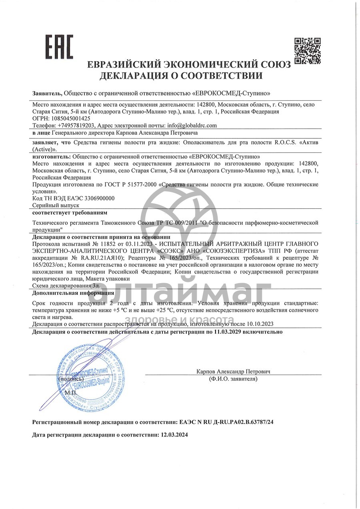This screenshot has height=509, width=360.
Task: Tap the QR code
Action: coord(308,51)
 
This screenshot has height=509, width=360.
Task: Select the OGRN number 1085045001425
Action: coord(70,118)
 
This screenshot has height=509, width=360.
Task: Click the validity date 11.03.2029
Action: coord(228,331)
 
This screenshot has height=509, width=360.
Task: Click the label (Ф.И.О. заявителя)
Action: coord(233,379)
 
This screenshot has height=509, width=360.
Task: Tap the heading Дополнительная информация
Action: coord(73,293)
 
